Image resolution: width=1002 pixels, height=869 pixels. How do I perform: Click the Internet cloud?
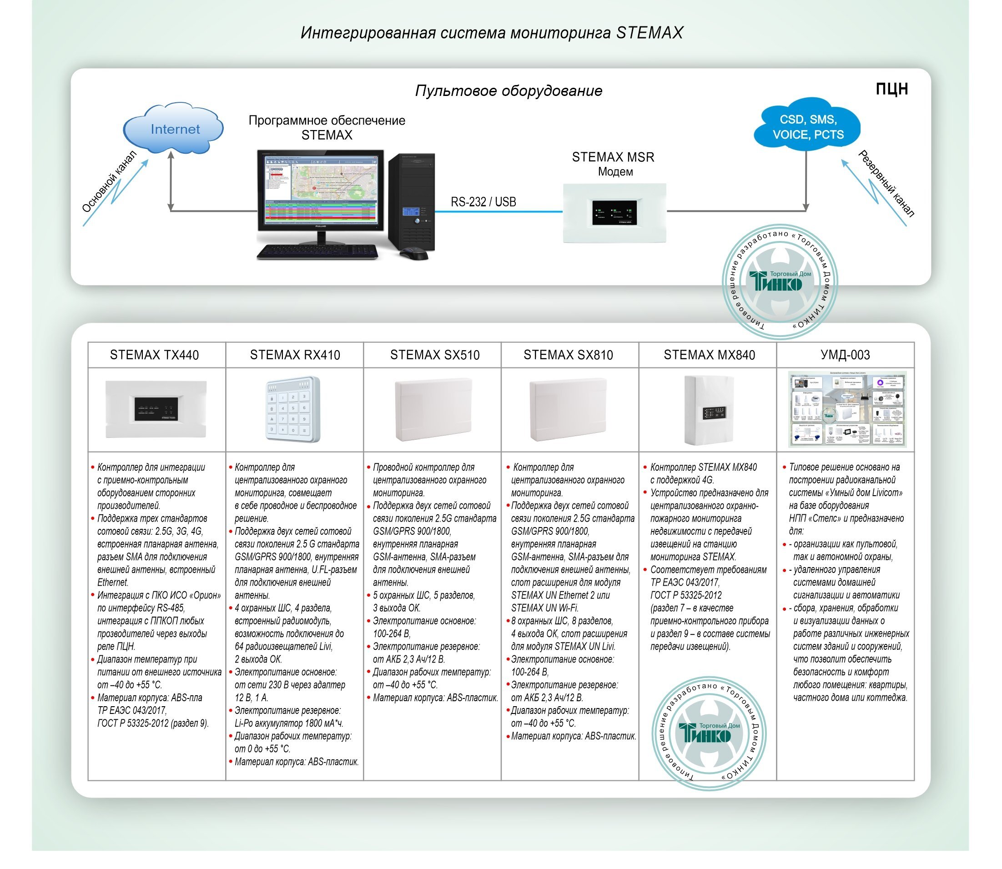174,129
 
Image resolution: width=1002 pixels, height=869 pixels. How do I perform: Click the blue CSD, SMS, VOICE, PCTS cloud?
807,126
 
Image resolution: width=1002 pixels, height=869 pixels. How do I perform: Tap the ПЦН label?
891,89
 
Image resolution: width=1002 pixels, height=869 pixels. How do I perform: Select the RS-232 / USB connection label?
483,202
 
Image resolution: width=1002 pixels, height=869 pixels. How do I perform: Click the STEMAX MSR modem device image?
614,213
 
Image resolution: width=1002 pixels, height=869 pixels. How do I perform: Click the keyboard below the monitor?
317,251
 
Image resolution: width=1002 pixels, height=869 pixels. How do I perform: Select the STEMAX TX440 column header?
154,355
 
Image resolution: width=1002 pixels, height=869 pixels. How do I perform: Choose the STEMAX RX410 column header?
295,355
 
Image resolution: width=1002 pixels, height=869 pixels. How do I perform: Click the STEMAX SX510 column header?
434,355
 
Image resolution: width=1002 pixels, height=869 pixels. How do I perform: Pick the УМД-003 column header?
845,355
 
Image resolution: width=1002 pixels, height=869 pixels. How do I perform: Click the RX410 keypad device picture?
293,409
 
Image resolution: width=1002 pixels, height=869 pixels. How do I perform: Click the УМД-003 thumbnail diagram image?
846,409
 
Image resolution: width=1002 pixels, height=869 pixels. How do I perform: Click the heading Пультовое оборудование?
508,90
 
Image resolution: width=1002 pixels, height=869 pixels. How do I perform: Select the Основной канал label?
109,182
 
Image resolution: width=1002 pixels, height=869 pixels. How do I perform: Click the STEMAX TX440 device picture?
156,409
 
